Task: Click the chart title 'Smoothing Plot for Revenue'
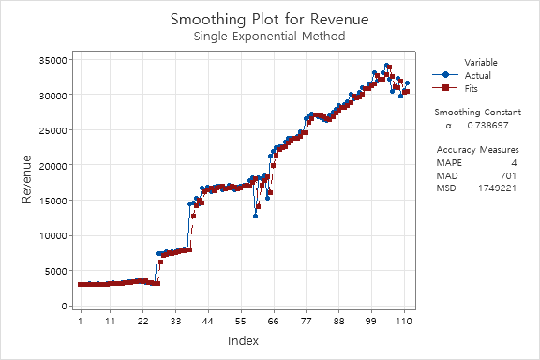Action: click(x=269, y=19)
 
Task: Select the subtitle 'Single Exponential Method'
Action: click(x=269, y=37)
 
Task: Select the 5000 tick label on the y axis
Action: click(x=52, y=271)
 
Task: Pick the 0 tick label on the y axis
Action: click(x=62, y=307)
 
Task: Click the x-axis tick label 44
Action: click(x=208, y=321)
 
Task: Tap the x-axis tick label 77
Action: click(x=306, y=321)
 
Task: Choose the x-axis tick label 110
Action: click(x=404, y=321)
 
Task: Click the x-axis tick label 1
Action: click(x=81, y=321)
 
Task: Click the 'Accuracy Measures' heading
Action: click(x=477, y=149)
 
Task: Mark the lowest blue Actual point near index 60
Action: click(x=255, y=216)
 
